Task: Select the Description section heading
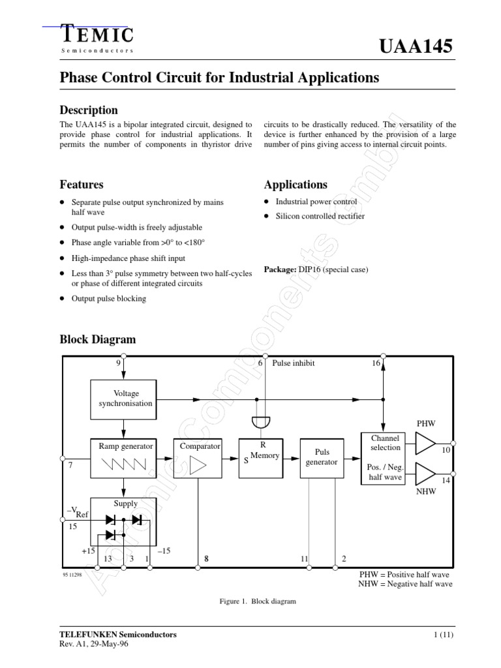point(89,110)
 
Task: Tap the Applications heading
point(296,185)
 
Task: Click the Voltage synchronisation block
point(123,398)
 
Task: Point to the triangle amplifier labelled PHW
point(425,444)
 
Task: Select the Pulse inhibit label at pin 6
point(294,363)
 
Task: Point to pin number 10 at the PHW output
point(446,451)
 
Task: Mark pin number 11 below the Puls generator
point(304,559)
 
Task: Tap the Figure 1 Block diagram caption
point(258,601)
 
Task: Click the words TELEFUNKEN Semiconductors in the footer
point(118,634)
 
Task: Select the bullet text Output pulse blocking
point(109,298)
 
